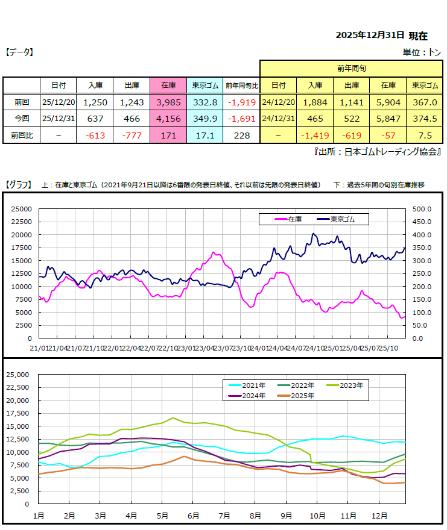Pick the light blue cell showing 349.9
(204, 119)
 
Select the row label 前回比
(21, 136)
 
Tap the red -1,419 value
(315, 136)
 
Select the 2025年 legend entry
(295, 396)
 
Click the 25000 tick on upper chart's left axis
(22, 209)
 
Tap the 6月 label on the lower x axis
(194, 516)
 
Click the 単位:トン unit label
(423, 52)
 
